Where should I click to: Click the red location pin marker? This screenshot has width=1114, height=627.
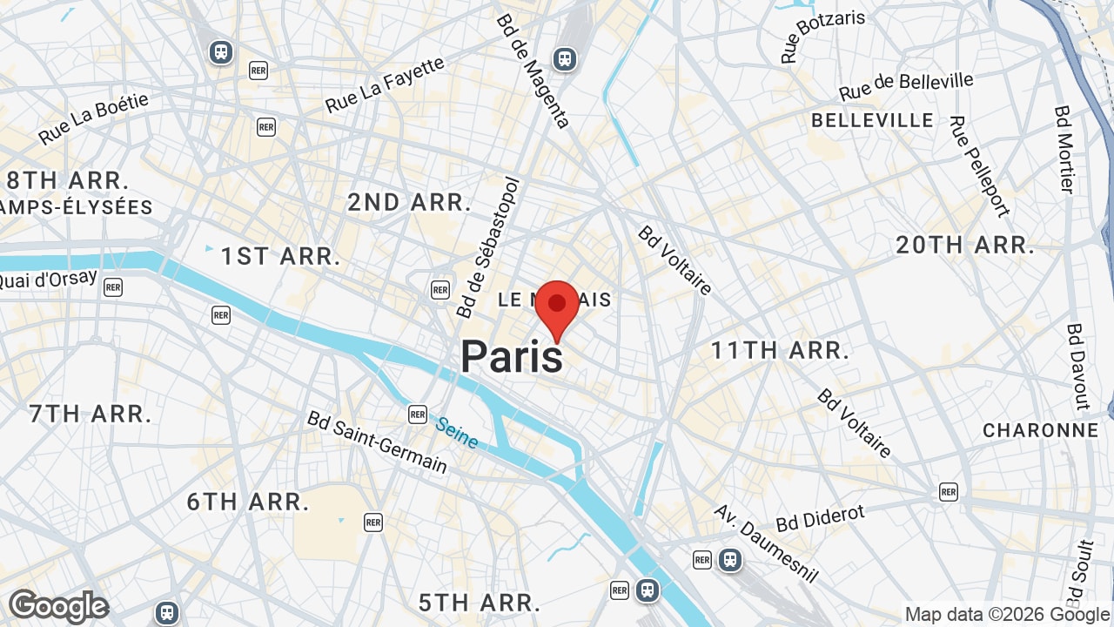point(557,306)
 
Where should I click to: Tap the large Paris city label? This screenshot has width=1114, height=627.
point(512,357)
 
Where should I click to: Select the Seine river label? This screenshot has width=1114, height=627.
point(457,433)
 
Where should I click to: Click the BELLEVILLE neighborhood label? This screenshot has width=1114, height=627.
point(872,120)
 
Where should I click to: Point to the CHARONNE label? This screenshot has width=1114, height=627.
point(1041,430)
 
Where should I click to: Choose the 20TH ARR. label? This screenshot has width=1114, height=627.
point(965,246)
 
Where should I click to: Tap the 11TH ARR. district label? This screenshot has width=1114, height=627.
point(780,351)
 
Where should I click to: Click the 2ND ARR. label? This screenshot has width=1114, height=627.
point(409,203)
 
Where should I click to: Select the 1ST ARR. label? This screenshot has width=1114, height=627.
point(280,257)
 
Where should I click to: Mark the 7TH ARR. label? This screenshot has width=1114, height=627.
point(91,414)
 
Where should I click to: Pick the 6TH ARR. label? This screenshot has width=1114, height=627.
point(248,502)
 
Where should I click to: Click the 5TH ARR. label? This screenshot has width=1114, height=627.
point(480,602)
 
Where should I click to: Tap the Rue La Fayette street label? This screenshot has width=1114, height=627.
point(385,85)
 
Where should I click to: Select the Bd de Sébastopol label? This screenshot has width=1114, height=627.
point(487,248)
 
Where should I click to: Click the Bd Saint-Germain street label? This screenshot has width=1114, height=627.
point(377,442)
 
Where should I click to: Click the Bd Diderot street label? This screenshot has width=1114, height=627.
point(821,517)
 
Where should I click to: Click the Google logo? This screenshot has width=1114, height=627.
point(58,606)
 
